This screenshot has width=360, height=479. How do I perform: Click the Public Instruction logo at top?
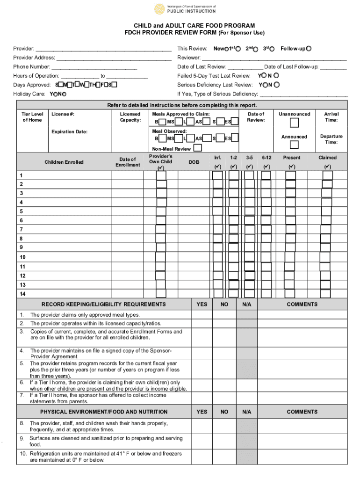point(185,9)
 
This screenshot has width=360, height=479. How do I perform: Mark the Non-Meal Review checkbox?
point(198,148)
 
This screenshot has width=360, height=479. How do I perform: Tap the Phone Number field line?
point(94,67)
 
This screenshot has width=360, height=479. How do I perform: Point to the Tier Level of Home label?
point(33,117)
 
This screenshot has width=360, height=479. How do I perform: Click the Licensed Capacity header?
point(130,117)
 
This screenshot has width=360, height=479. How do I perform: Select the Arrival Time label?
point(331,117)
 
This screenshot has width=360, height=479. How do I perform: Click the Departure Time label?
point(331,139)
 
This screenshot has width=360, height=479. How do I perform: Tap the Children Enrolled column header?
point(64,162)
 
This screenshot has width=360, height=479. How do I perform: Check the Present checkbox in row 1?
point(291,175)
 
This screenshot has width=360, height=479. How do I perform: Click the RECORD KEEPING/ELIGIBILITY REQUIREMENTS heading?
point(103,305)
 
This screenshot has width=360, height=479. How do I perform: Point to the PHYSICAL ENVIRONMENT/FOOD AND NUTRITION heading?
point(103,412)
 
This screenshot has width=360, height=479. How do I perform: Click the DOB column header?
point(194,162)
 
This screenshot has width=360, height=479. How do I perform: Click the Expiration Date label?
point(69,132)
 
